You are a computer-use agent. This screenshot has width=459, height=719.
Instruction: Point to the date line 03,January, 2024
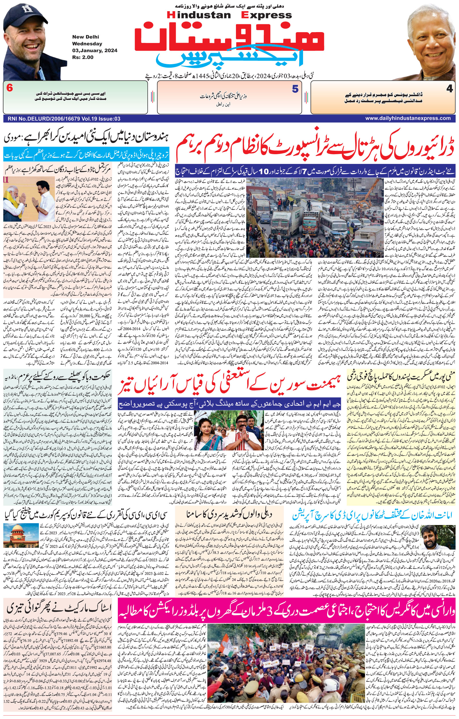(x=94, y=50)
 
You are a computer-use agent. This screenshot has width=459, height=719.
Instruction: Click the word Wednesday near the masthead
(x=87, y=44)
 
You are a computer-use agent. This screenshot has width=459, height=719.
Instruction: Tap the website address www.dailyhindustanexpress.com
(x=408, y=118)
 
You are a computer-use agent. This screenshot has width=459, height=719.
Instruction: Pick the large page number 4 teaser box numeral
(x=450, y=89)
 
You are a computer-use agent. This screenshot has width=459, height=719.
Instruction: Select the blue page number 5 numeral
(x=295, y=89)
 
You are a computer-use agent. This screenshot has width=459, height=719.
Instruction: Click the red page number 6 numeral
(x=9, y=88)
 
